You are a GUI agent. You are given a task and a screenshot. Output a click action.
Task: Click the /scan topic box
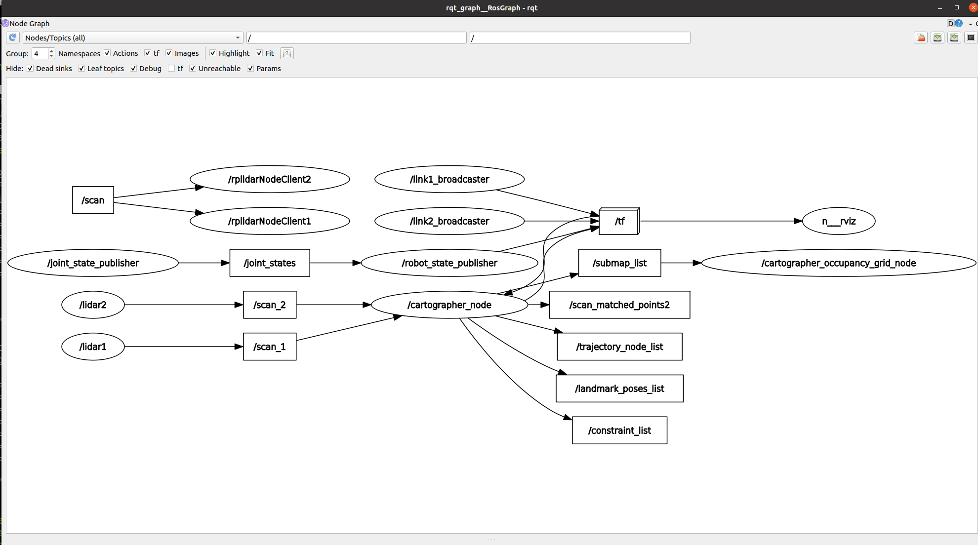coord(93,200)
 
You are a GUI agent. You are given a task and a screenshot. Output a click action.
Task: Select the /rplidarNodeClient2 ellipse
coord(270,179)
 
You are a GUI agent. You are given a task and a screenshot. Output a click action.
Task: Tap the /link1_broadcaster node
coord(449,179)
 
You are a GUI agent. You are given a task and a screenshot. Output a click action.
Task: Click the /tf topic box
coord(619,221)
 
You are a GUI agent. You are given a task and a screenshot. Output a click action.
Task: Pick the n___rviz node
coord(839,221)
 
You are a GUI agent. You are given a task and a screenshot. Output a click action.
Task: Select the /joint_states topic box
coord(270,263)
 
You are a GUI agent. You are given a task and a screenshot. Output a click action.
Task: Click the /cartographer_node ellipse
coord(449,305)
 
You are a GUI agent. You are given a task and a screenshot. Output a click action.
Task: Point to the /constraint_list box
coord(619,430)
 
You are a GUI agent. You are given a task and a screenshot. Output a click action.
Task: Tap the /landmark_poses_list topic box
coord(619,389)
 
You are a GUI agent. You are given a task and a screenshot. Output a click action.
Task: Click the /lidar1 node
coord(93,347)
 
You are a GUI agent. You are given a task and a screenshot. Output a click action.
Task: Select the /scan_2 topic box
coord(270,305)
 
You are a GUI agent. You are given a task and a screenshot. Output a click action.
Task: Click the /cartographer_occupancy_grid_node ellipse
coord(839,263)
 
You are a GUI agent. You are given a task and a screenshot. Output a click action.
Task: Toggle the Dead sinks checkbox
coord(30,68)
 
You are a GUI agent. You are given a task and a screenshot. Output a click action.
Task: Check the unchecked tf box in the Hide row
coord(171,68)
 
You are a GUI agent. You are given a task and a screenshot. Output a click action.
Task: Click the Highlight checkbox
coord(213,53)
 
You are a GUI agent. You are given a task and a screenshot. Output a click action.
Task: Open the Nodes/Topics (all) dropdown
coord(133,38)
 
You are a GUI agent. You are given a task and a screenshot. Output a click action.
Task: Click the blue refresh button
coord(13,38)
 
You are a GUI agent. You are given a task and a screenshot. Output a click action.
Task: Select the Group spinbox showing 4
coord(43,53)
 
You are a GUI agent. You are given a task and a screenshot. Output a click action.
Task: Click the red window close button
coord(973,7)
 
